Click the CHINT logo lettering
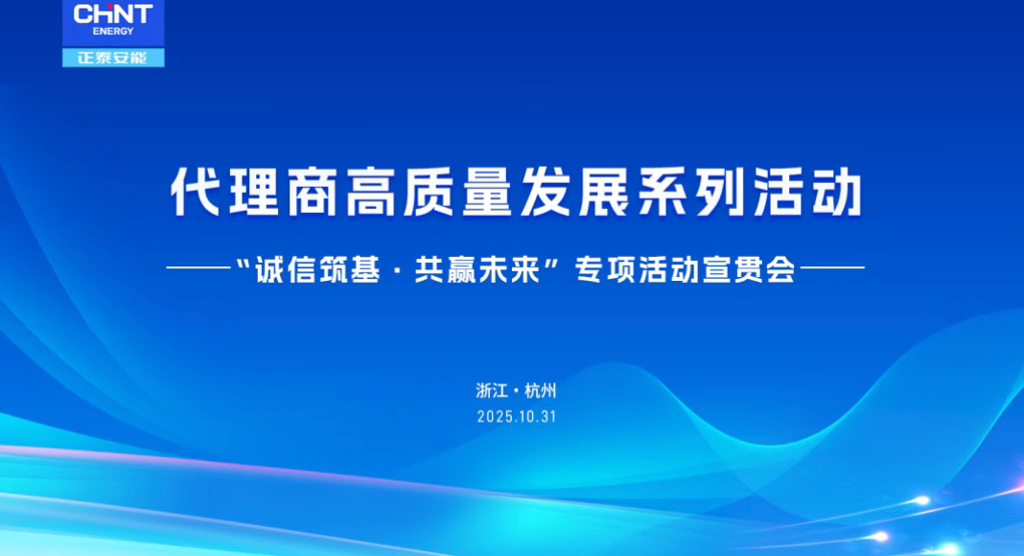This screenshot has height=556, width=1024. pos(112,13)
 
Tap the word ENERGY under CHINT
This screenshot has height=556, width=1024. pos(113,31)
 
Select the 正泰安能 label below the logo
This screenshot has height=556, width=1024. pos(113,58)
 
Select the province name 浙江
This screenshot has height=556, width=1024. pos(490,390)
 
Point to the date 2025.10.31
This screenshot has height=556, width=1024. pos(516,417)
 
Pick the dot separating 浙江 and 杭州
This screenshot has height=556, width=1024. pos(516,391)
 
